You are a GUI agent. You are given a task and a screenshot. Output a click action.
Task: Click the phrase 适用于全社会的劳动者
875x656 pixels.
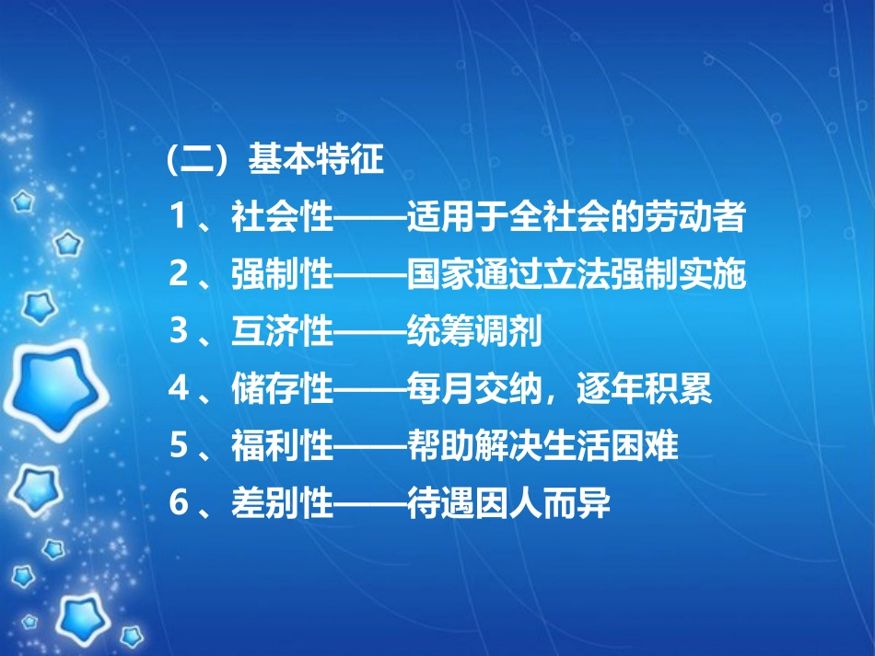[x=576, y=222]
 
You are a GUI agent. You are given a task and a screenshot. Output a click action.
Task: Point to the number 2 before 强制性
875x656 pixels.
[x=179, y=277]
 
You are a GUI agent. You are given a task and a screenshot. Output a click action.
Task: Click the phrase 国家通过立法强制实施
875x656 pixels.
[x=576, y=277]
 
